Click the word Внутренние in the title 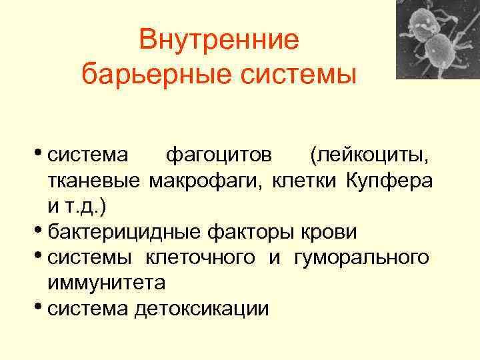point(220,41)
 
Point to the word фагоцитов point(219,155)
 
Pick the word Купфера point(390,181)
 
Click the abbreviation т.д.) point(83,207)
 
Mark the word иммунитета point(106,283)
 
